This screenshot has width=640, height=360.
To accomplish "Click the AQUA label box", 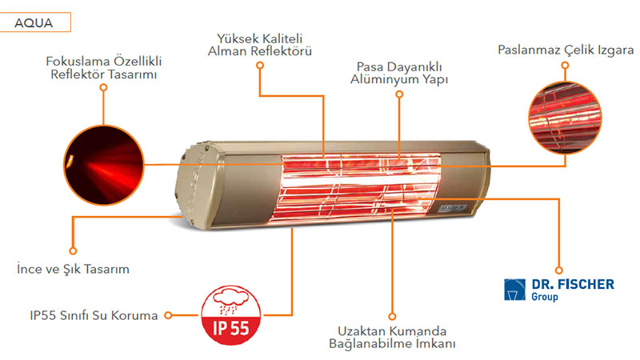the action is (x=35, y=22).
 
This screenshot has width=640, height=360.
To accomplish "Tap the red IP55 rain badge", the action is (x=231, y=315).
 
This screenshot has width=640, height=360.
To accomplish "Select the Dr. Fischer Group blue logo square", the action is (x=514, y=290).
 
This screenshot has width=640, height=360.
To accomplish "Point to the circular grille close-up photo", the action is (x=565, y=118).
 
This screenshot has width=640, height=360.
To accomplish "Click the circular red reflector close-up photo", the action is (x=104, y=165).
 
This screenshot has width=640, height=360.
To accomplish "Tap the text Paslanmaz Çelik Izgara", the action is (x=566, y=50).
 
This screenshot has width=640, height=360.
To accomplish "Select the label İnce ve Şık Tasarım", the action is (x=73, y=269).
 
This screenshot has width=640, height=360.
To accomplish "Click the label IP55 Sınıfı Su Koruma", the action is (x=94, y=315).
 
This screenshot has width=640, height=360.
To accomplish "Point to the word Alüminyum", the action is (x=384, y=79).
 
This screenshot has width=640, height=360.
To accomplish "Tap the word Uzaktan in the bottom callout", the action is (x=362, y=331).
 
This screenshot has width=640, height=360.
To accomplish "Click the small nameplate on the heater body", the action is (x=453, y=208).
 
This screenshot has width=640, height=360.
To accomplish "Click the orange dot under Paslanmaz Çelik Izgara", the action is (x=565, y=66).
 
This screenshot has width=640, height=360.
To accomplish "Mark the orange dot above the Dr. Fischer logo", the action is (x=558, y=270).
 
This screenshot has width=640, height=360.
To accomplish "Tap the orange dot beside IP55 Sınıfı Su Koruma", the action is (x=168, y=315).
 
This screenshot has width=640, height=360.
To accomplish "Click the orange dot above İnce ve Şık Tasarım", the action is (x=73, y=250).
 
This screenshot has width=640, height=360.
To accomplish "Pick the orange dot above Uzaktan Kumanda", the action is (x=392, y=316).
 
